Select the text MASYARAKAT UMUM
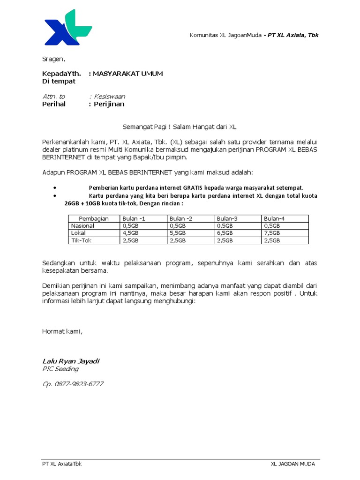[127, 74]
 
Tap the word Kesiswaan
[109, 97]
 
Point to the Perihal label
[54, 104]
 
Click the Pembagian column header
[94, 218]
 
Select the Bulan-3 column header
[227, 218]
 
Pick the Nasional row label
[82, 225]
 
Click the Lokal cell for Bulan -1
[130, 233]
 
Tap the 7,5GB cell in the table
[272, 233]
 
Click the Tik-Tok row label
[81, 240]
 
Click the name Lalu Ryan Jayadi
[71, 361]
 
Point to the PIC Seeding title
[60, 369]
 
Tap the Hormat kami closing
[62, 332]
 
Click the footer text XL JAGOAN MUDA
[293, 464]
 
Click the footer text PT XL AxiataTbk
[62, 464]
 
